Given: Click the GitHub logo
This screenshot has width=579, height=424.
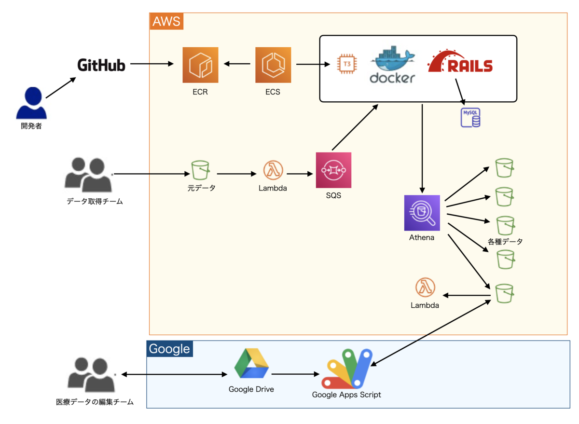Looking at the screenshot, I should [x=101, y=65].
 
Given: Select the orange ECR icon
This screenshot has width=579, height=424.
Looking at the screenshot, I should [x=200, y=65].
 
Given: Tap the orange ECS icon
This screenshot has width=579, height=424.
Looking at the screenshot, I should [x=273, y=65].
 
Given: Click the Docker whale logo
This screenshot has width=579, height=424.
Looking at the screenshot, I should [x=392, y=65].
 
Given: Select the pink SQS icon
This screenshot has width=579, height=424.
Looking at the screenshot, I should [x=333, y=170].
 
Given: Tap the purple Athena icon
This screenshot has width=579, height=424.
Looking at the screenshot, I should [x=422, y=213].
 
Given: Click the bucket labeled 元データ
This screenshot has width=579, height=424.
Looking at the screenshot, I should [x=201, y=170].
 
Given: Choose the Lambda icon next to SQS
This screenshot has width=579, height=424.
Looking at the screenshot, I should [x=273, y=170].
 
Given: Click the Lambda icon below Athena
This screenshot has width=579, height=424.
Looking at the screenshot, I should [x=425, y=288].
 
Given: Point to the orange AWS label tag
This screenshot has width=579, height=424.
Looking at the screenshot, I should [x=166, y=21].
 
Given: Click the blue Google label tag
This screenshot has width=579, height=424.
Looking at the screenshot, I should [x=169, y=349].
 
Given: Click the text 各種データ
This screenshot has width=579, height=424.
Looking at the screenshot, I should [x=505, y=242].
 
